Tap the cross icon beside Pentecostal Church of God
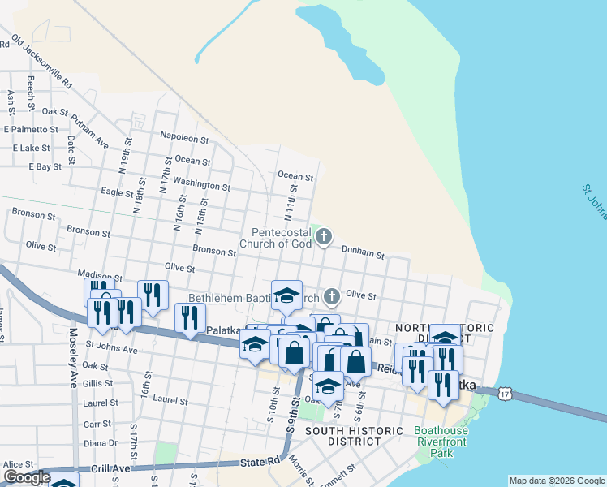(x=324, y=237)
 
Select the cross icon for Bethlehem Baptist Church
(x=331, y=296)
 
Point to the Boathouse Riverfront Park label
(x=445, y=442)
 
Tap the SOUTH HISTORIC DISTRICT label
(x=354, y=436)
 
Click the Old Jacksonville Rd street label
(x=43, y=62)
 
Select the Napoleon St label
(x=185, y=136)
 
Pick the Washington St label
(x=202, y=184)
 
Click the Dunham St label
(x=363, y=252)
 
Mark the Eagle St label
(x=117, y=192)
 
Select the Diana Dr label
(x=101, y=443)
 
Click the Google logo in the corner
(x=27, y=478)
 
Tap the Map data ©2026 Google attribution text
(x=556, y=481)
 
